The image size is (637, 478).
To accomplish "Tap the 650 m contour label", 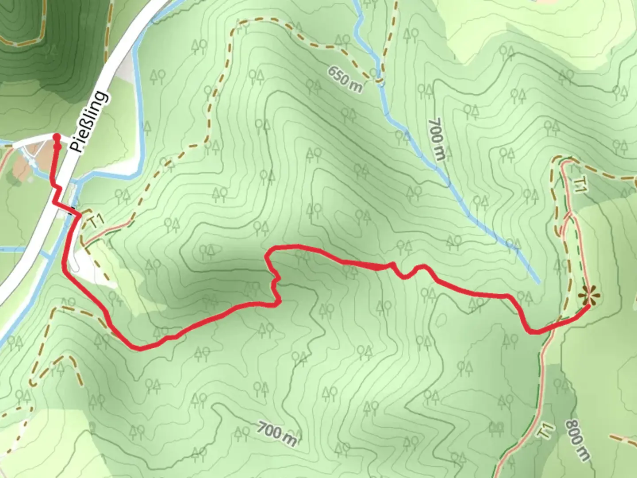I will click(x=345, y=80).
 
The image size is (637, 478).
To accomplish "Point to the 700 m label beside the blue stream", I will click(x=437, y=139).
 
